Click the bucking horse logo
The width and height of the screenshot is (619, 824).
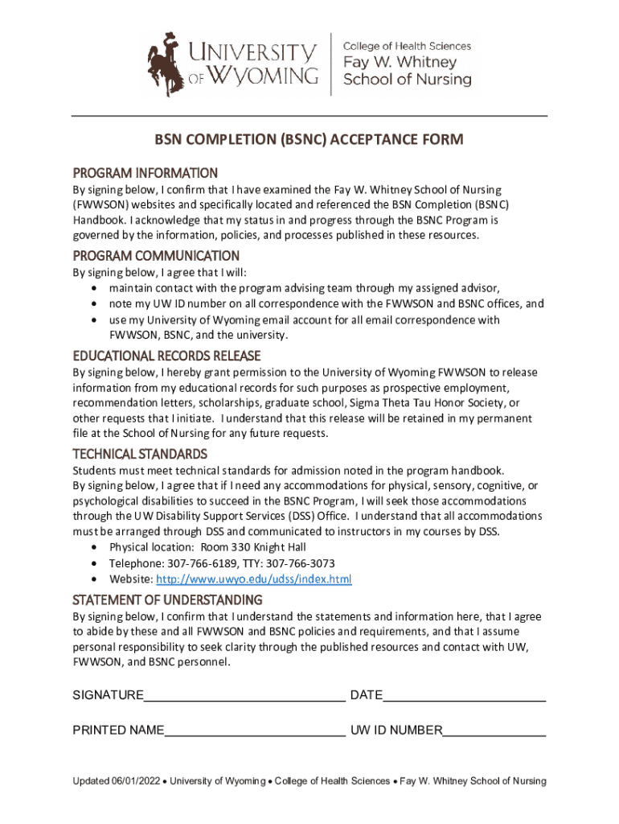(x=166, y=63)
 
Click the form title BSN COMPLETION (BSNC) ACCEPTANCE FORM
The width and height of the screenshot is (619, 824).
(x=309, y=140)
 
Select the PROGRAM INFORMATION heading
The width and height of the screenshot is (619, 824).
(x=146, y=173)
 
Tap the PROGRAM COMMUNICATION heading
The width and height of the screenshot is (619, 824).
(x=156, y=256)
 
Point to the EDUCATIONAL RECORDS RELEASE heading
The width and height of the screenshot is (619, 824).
(x=166, y=356)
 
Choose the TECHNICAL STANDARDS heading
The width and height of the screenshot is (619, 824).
(x=140, y=454)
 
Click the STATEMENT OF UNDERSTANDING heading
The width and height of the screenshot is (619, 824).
(x=167, y=600)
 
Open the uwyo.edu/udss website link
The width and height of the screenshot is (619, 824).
(x=253, y=579)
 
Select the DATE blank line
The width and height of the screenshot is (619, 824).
(x=464, y=697)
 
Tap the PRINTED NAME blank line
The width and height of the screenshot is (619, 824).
(x=255, y=731)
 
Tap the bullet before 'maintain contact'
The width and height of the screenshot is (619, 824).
(x=96, y=288)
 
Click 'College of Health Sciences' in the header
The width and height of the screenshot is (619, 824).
(x=407, y=46)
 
